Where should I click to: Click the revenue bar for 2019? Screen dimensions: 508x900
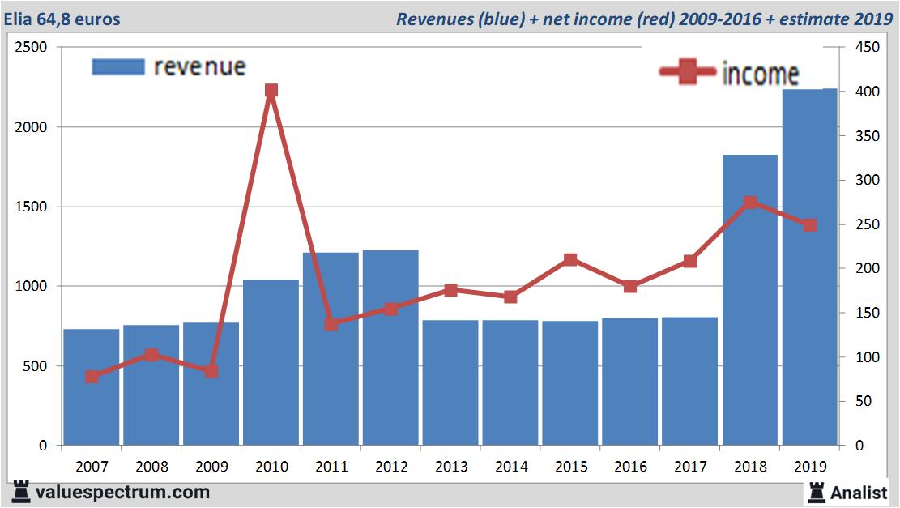pos(809,267)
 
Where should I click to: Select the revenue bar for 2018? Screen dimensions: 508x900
pos(749,300)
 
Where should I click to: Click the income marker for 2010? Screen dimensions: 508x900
pos(271,91)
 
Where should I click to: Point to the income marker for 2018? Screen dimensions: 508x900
pos(749,203)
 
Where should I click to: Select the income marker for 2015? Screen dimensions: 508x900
pos(570,260)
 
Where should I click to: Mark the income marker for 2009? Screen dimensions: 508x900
pos(211,371)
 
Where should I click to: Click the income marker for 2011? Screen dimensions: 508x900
pos(331,324)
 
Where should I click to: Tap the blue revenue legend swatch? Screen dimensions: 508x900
pos(118,66)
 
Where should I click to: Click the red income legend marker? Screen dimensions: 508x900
pos(688,73)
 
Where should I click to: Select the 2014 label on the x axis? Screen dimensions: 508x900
pos(510,467)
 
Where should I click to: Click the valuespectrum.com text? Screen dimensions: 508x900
pos(122,492)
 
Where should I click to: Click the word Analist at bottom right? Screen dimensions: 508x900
pos(859,492)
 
